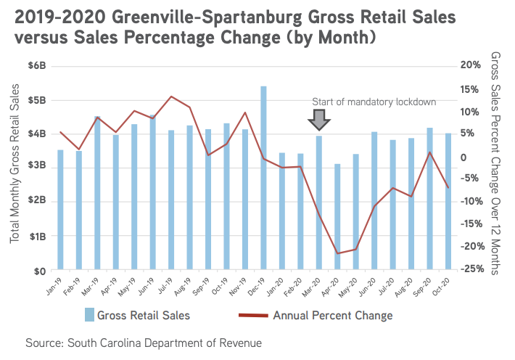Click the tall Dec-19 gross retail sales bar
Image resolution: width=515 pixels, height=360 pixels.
click(263, 179)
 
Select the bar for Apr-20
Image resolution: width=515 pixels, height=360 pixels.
click(337, 218)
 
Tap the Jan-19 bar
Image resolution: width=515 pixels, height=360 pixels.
click(60, 210)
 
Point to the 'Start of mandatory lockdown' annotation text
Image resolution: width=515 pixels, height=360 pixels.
click(374, 102)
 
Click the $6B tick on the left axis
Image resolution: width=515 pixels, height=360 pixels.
click(37, 66)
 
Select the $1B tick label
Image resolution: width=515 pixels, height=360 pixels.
click(37, 237)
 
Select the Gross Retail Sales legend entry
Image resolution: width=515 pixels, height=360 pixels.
click(137, 315)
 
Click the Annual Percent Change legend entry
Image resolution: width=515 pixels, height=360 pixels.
click(323, 315)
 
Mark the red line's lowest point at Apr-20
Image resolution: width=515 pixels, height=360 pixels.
click(337, 253)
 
